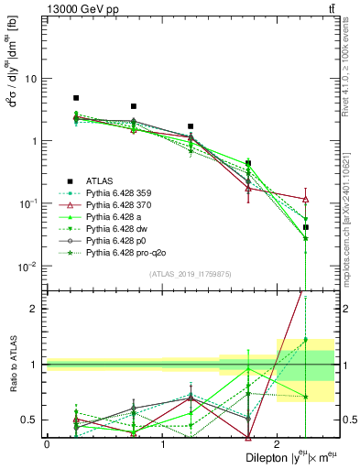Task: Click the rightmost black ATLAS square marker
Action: [x=306, y=227]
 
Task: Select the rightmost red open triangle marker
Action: [x=306, y=199]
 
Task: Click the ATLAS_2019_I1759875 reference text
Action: [x=191, y=273]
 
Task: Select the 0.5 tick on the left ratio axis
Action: [x=30, y=420]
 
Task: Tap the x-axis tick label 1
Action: [x=162, y=443]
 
